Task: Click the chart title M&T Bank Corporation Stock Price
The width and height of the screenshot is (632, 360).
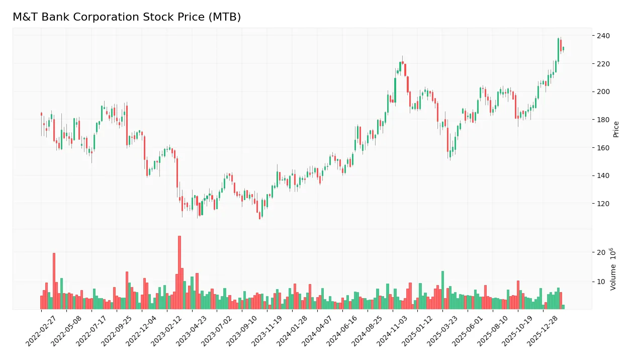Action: point(127,17)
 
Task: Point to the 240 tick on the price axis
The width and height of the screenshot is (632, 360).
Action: point(603,36)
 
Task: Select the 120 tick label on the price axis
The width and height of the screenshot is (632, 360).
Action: point(603,204)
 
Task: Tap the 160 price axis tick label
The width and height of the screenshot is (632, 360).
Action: point(603,148)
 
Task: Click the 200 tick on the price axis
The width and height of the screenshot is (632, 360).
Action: point(603,92)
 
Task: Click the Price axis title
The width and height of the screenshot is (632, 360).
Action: point(616,129)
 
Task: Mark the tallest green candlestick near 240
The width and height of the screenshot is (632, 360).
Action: point(558,50)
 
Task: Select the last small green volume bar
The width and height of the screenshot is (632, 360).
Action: point(563,307)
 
